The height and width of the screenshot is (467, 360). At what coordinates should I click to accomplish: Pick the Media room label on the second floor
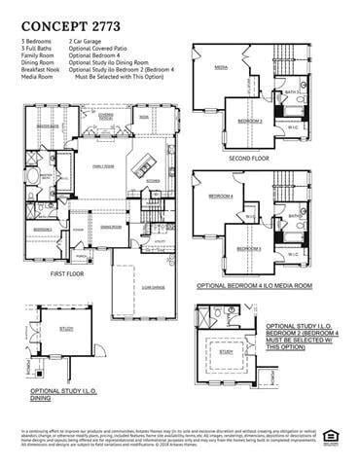221,68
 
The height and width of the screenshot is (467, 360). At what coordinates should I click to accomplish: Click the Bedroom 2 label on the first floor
42,229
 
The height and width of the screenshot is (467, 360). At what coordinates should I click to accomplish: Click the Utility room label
159,238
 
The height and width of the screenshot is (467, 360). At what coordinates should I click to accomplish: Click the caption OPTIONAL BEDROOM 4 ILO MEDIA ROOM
254,286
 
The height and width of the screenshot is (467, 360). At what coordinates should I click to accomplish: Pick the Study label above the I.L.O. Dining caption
66,329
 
